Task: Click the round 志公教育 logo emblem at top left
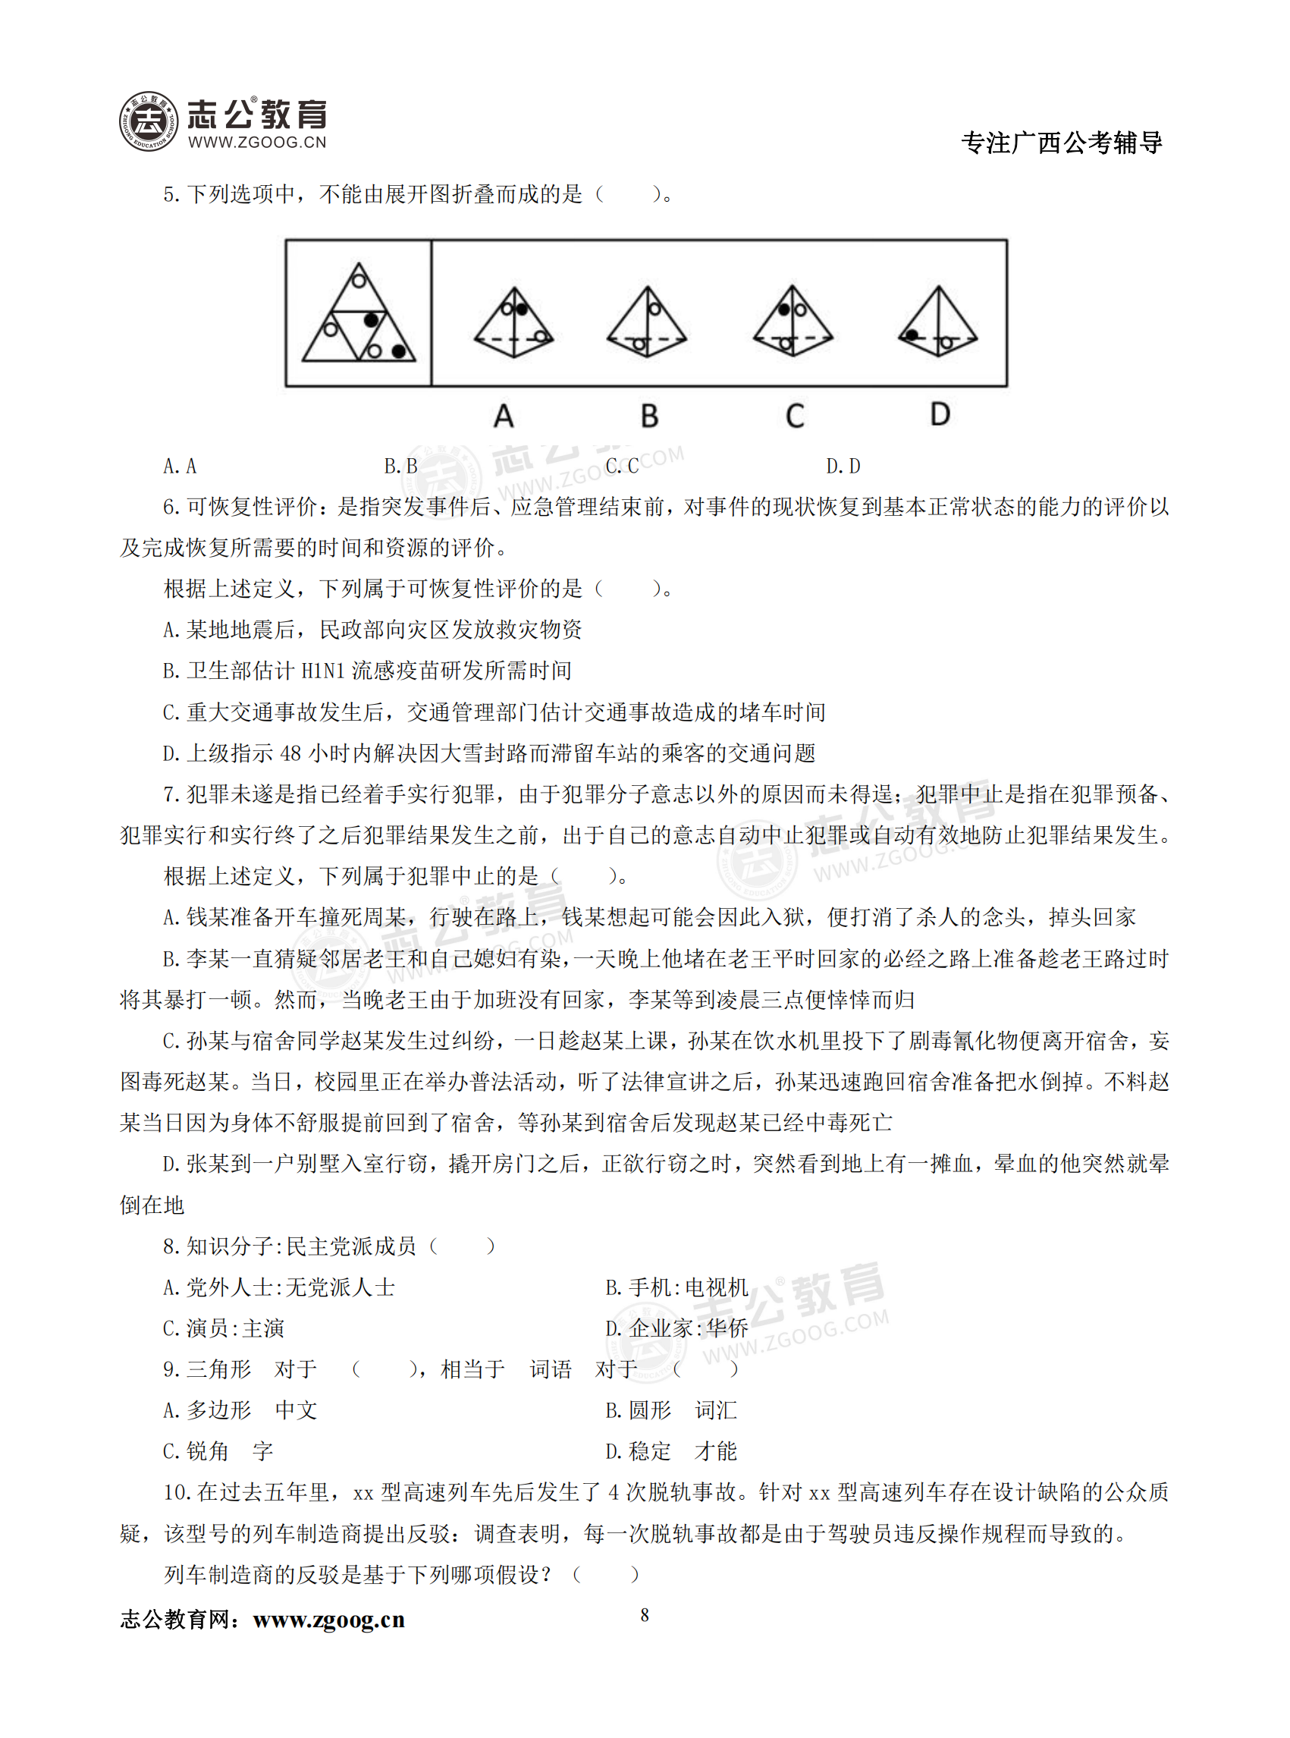[149, 122]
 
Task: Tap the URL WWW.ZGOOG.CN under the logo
[257, 142]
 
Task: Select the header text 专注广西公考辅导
[1061, 143]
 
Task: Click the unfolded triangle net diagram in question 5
[359, 314]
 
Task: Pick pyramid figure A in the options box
[513, 322]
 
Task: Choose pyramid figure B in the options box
[647, 322]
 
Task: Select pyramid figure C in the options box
[793, 322]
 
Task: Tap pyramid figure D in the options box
[938, 322]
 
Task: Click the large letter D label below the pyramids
[940, 414]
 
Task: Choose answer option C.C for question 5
[623, 467]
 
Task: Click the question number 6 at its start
[169, 507]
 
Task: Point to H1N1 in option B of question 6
[322, 670]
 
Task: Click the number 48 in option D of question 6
[290, 753]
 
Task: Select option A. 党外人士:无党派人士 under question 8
[279, 1287]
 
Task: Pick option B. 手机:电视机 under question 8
[676, 1287]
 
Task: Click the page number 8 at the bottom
[644, 1614]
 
